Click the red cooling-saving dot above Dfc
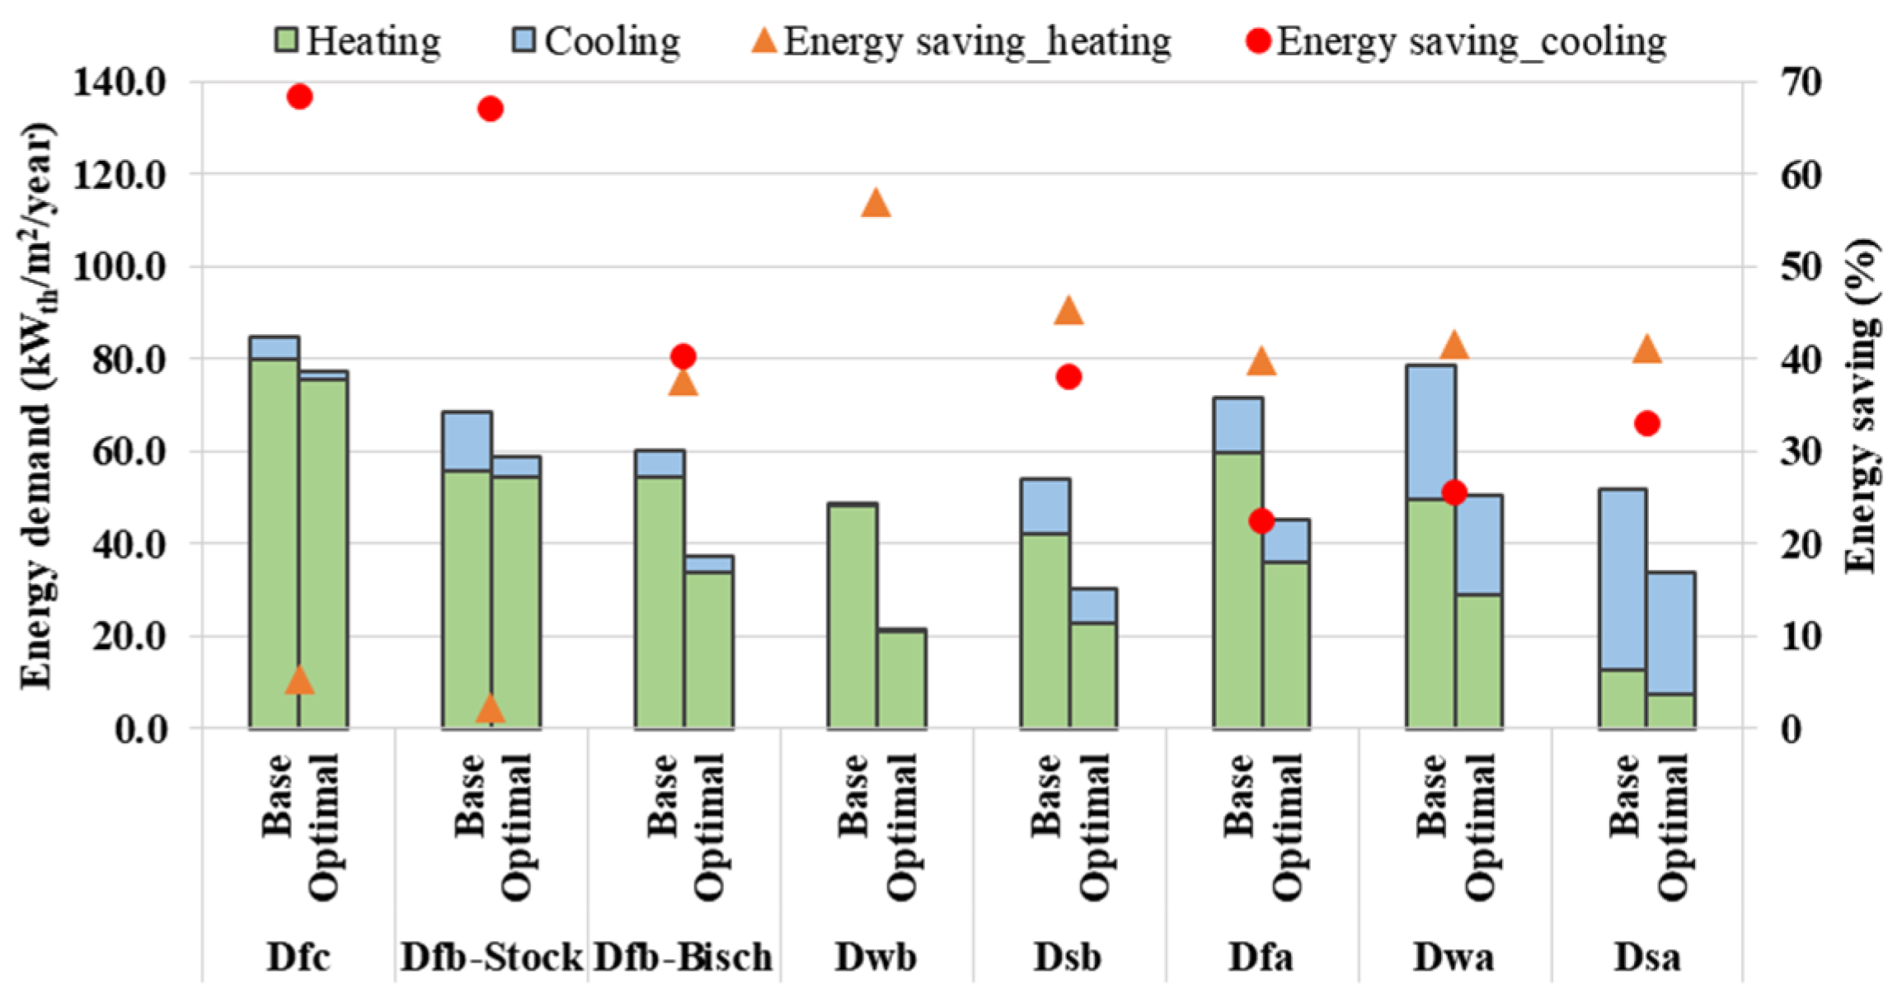click(x=299, y=96)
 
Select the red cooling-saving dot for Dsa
click(x=1646, y=424)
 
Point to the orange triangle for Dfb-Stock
click(x=490, y=708)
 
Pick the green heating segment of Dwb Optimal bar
click(x=901, y=680)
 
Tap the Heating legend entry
click(x=358, y=41)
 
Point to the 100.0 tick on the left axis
click(x=120, y=266)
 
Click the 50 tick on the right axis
click(x=1801, y=266)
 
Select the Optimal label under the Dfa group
click(x=1287, y=826)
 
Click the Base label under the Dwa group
click(x=1431, y=796)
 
